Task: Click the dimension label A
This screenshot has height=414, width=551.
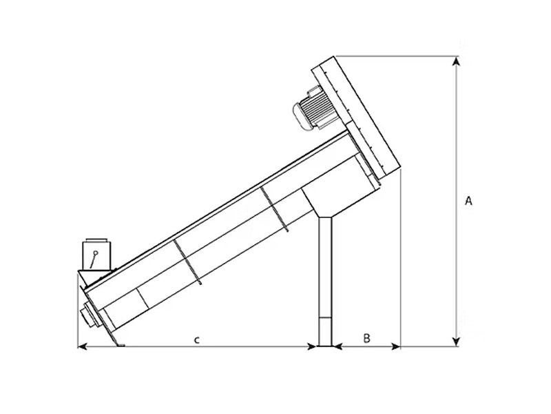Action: (468, 201)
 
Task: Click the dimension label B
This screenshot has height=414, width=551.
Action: (366, 338)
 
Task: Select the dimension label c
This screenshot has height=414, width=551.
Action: (197, 339)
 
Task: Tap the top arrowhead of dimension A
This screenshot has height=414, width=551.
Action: (456, 61)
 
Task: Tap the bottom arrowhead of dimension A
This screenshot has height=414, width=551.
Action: (456, 342)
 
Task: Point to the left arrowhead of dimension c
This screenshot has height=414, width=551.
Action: (82, 347)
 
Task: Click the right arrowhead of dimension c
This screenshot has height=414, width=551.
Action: (311, 347)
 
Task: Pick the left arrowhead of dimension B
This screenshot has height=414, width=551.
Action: (337, 347)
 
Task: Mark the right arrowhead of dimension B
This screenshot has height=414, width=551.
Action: (395, 347)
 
